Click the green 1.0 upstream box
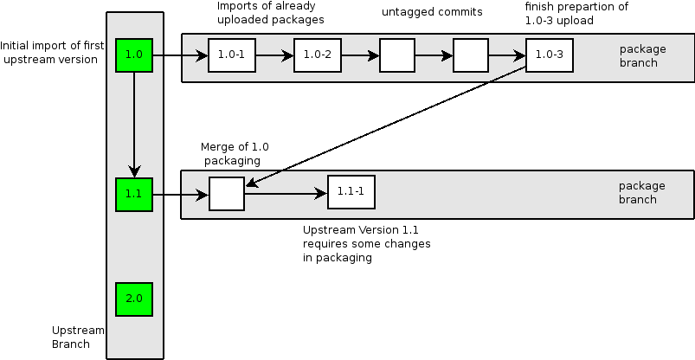pos(134,55)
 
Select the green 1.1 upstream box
pos(134,194)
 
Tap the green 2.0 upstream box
pos(134,299)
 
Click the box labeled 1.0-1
pos(231,55)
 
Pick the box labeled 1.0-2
pos(318,55)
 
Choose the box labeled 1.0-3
pos(549,55)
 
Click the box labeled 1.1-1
pos(351,191)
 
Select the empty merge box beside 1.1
pos(227,193)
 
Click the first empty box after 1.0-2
pos(397,55)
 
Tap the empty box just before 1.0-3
pos(471,55)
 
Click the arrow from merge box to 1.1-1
pos(286,193)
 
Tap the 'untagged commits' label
pos(432,13)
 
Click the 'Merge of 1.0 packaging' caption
pos(230,154)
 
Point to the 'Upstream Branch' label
pos(78,337)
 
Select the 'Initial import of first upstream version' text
pos(49,52)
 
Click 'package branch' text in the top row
pos(642,55)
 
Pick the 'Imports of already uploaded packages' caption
pos(271,13)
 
